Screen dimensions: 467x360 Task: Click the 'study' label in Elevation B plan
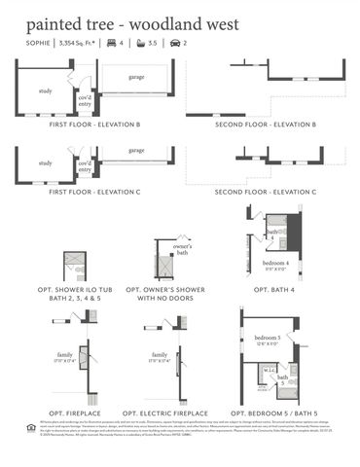(x=45, y=92)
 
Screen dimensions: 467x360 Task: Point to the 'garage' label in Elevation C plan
(x=136, y=151)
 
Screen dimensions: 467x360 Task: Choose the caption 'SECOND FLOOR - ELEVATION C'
(x=266, y=193)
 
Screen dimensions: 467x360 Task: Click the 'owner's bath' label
(x=182, y=249)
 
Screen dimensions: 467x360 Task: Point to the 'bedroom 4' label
(x=276, y=264)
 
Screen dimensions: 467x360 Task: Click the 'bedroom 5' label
(x=268, y=338)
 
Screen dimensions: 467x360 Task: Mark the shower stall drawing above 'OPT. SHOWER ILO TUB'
(x=76, y=265)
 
